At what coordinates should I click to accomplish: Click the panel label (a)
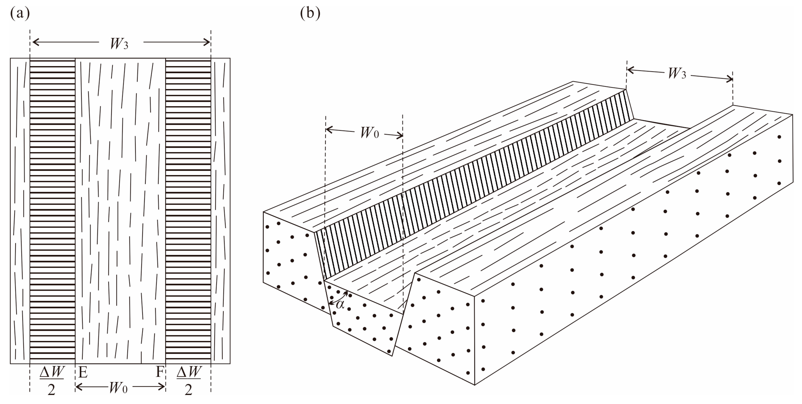click(x=20, y=14)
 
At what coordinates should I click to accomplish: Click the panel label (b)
click(x=310, y=14)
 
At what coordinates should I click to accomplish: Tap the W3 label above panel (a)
click(x=119, y=44)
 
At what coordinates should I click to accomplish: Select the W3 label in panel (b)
click(x=677, y=74)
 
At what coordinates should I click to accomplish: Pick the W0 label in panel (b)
click(x=369, y=133)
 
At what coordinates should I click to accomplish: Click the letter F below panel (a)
click(x=159, y=372)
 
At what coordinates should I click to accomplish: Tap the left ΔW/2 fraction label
click(x=52, y=380)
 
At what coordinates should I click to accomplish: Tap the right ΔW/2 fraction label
click(x=189, y=380)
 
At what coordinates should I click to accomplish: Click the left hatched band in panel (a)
click(x=53, y=210)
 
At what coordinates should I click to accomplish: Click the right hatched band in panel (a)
click(x=188, y=210)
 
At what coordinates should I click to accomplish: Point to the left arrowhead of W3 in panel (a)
click(x=34, y=42)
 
